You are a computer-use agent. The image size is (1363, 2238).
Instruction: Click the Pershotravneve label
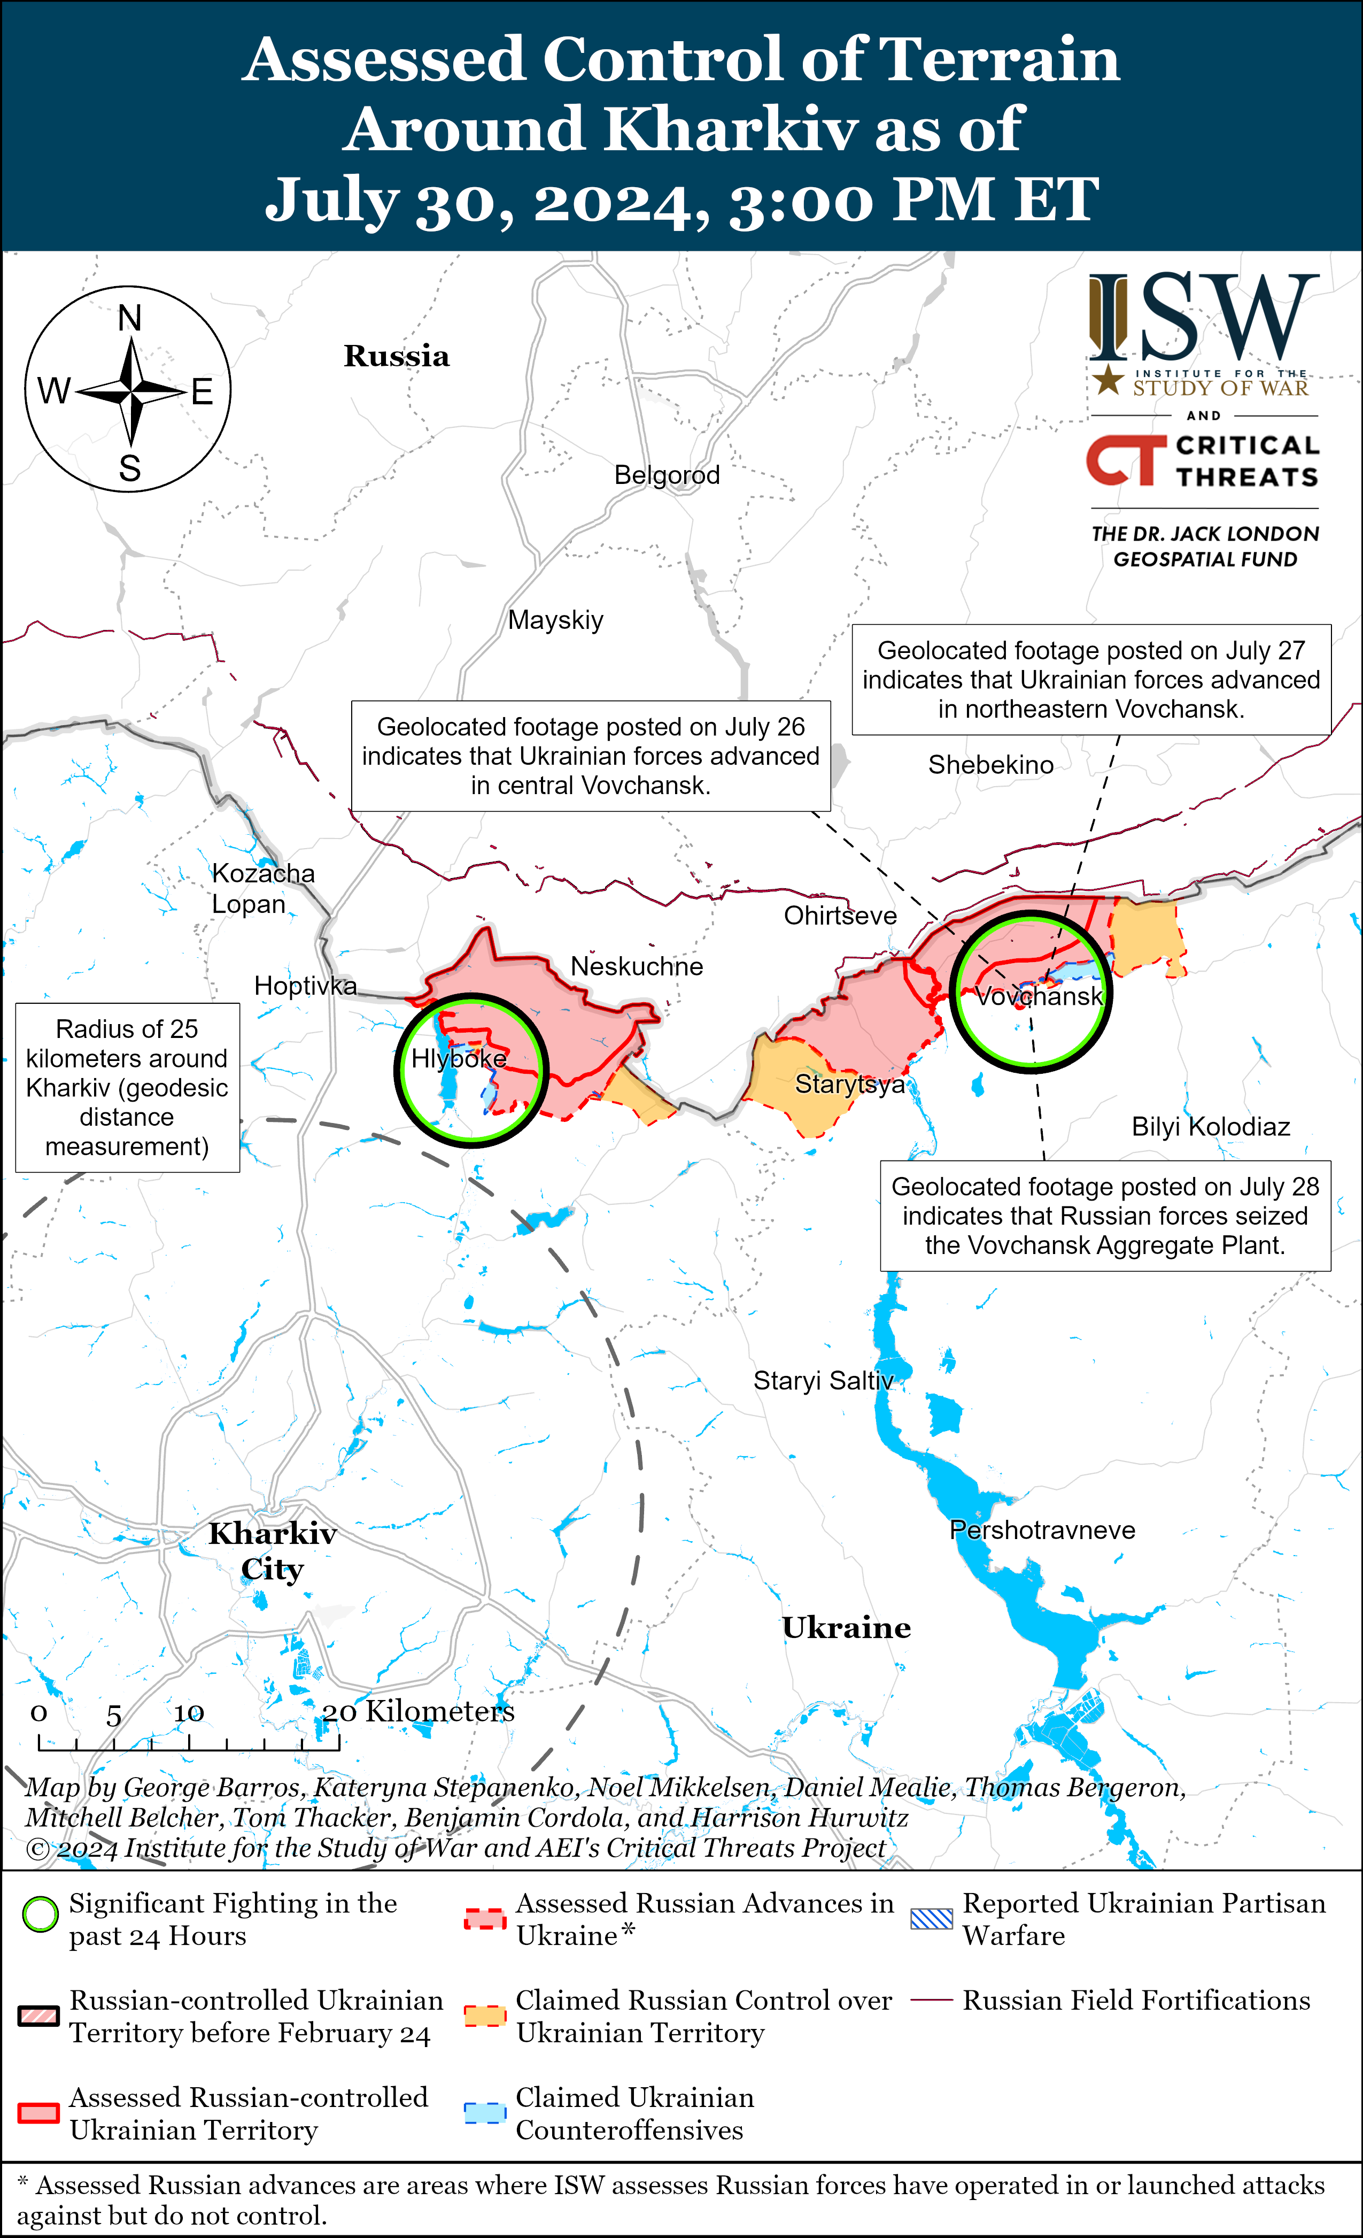(1042, 1531)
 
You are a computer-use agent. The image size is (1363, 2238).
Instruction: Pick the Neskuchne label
(637, 966)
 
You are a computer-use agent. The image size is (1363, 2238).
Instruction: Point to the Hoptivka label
(305, 986)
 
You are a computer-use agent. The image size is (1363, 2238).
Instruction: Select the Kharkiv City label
(273, 1551)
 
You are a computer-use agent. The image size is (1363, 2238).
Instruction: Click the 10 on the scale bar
(189, 1713)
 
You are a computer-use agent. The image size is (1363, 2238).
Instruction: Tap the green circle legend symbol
(40, 1916)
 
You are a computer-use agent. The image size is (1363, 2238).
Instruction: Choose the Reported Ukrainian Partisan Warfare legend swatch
(932, 1917)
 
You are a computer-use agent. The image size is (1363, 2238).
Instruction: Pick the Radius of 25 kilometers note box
(127, 1087)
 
